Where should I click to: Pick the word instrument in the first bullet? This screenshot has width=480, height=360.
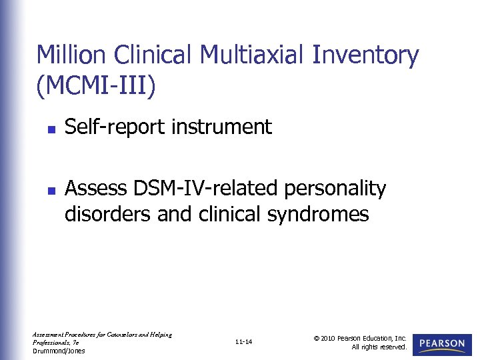[221, 127]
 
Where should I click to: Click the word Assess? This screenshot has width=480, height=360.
[91, 189]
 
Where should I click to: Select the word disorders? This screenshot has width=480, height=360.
[106, 214]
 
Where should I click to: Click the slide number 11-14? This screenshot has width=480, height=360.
[244, 343]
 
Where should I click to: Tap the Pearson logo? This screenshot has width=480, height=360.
[442, 344]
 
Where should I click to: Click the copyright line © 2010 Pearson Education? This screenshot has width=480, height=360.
[360, 339]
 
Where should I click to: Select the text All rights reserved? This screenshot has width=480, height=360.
[379, 347]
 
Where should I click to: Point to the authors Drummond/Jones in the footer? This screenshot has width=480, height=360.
[59, 351]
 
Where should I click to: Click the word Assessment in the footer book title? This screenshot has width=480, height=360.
[48, 334]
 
